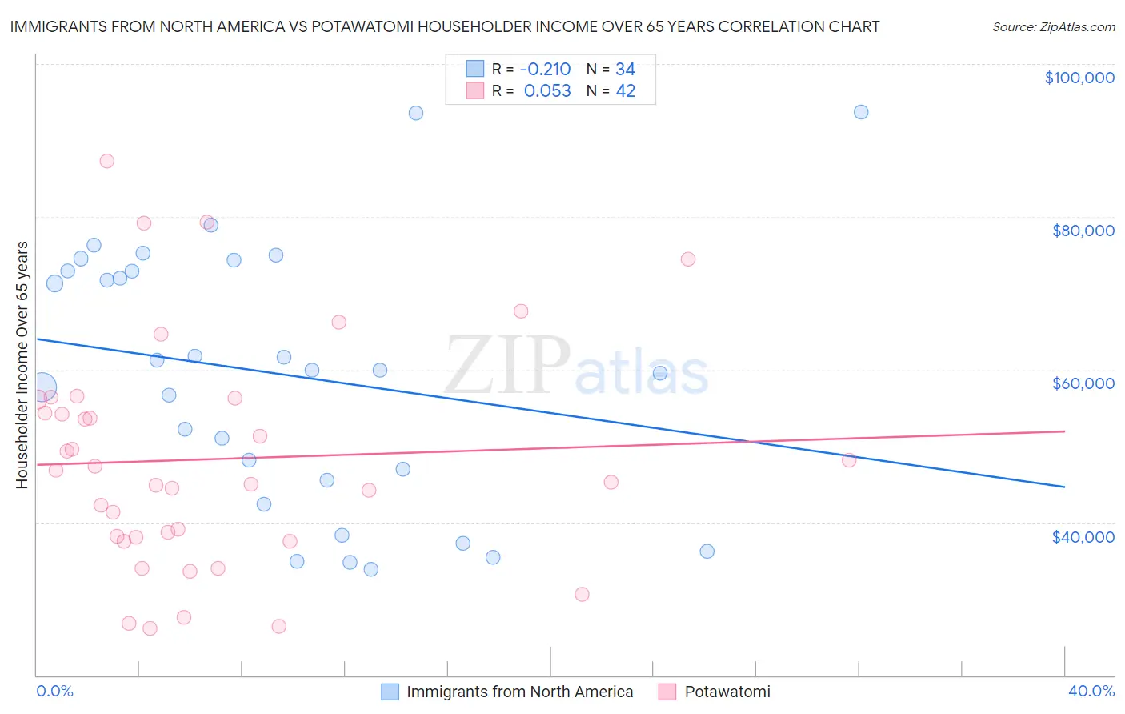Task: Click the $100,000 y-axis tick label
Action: coord(1079,78)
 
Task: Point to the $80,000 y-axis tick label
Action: coord(1083,231)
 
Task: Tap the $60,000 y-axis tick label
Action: coord(1083,383)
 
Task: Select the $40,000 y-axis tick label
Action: coord(1083,537)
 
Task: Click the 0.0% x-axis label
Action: coord(54,691)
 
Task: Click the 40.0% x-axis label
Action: coord(1091,691)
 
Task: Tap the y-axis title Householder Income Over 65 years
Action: coord(22,364)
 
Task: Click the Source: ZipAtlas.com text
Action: coord(1053,27)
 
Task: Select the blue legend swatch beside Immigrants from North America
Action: coord(390,692)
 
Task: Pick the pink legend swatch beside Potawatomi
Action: coord(667,692)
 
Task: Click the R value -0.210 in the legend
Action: coord(545,70)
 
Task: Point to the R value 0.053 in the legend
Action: coord(547,91)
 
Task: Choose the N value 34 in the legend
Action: coord(625,70)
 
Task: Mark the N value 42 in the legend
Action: coord(625,91)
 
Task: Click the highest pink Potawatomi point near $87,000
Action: coord(106,161)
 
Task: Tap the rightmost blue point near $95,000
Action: coord(861,112)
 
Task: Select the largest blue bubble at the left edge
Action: coord(42,387)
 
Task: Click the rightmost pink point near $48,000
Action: coord(849,459)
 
